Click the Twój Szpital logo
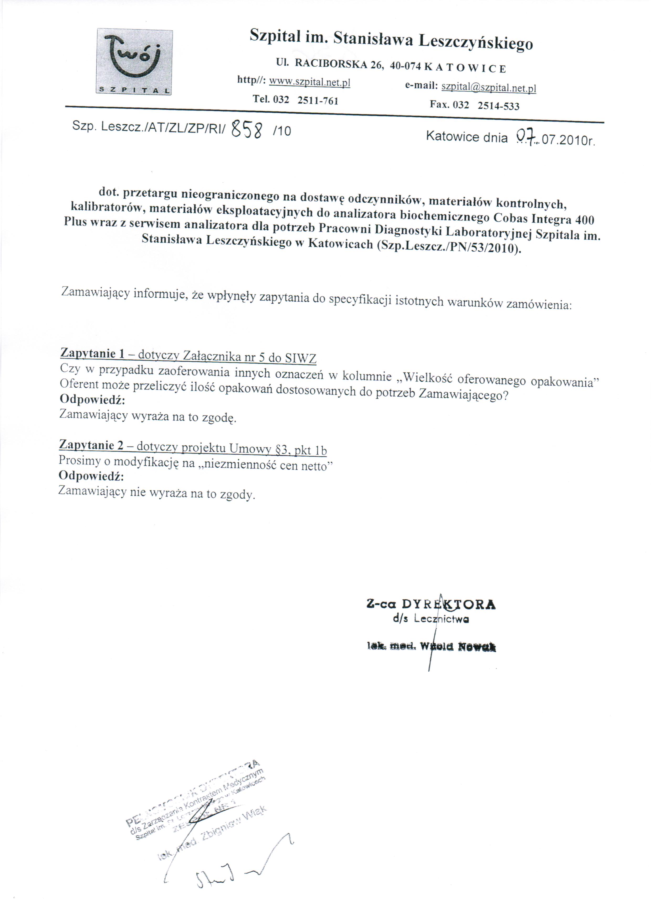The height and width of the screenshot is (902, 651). [x=134, y=62]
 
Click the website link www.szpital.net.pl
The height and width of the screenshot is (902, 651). [x=309, y=82]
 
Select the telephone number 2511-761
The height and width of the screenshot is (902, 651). [x=318, y=100]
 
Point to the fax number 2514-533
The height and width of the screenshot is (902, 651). [x=498, y=106]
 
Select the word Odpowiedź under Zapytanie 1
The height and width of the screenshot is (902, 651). [x=92, y=399]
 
